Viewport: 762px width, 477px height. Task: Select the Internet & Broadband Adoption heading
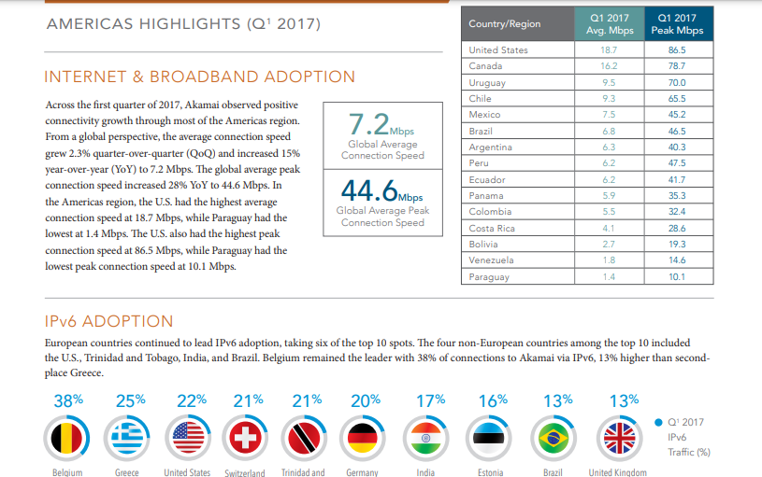(200, 77)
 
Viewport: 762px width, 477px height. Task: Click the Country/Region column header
(505, 23)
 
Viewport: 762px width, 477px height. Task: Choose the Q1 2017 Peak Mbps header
(676, 23)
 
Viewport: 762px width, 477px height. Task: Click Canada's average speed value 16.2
(608, 66)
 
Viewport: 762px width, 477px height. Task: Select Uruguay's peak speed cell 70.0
(677, 82)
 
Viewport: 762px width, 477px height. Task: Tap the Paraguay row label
(489, 277)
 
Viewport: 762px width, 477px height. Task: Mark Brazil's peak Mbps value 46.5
(677, 132)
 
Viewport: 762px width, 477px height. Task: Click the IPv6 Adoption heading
(108, 321)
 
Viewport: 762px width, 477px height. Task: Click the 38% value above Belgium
(68, 400)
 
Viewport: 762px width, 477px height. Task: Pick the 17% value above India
(430, 400)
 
